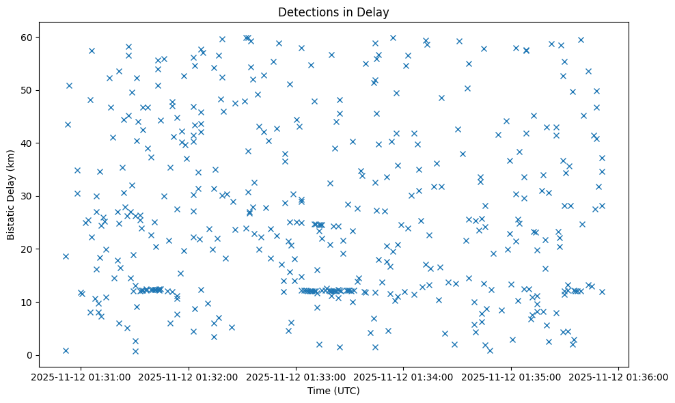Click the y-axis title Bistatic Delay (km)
[11, 186]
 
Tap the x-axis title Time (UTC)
[333, 391]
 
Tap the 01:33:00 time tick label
[297, 376]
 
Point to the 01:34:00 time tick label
[404, 376]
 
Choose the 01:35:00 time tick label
[512, 376]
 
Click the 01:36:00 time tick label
[619, 376]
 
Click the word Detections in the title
[306, 12]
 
